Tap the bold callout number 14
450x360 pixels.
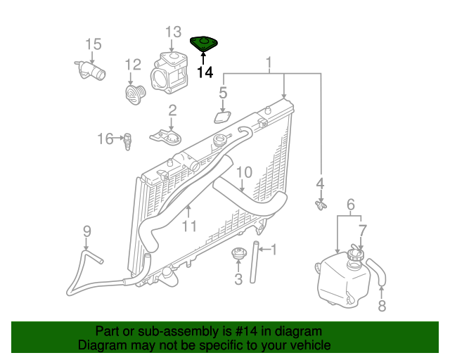click(x=205, y=72)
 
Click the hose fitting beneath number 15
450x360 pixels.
click(x=89, y=71)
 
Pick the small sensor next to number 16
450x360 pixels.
click(x=128, y=141)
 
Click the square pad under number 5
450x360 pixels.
click(x=223, y=117)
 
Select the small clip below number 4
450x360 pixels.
click(x=320, y=205)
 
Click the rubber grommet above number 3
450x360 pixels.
click(x=238, y=255)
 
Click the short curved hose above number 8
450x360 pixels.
click(x=378, y=274)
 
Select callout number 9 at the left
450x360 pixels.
click(x=87, y=231)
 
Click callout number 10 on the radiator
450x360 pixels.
click(x=243, y=172)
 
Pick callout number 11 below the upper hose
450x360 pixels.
click(x=188, y=226)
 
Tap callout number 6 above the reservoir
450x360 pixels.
click(x=349, y=205)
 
